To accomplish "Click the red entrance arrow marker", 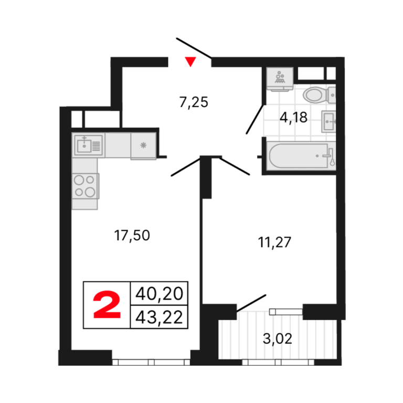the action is tap(190, 61).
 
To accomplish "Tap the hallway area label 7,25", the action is tap(194, 102).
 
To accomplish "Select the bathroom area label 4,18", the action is tap(293, 118).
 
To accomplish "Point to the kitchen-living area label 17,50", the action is tap(132, 236).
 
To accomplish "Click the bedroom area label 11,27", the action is tap(274, 242).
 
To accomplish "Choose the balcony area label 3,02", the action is tap(278, 338).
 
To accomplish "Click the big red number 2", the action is tap(107, 305).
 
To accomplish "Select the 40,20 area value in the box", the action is tap(159, 293).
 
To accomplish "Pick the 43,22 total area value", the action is tap(159, 317).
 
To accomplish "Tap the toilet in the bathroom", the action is tap(320, 95).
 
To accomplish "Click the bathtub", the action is tap(301, 156).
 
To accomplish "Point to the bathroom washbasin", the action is tap(328, 122).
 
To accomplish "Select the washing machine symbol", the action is tap(280, 79).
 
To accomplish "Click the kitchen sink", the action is tap(88, 145).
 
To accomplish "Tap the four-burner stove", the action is tap(86, 186).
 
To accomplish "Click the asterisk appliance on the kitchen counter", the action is tap(143, 145).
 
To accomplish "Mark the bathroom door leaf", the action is tap(255, 119).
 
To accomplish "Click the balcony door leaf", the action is tap(251, 303).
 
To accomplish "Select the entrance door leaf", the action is tap(194, 48).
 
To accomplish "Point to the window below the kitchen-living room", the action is tap(151, 362).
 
